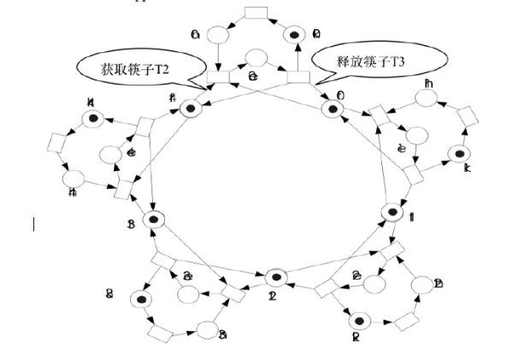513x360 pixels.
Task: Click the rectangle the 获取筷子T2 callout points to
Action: tap(218, 79)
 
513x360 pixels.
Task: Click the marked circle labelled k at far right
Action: tap(459, 154)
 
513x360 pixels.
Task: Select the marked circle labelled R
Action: tap(360, 321)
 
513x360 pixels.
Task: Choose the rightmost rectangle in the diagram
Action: tap(467, 116)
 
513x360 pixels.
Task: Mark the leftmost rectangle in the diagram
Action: tap(58, 140)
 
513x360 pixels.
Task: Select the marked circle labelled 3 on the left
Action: tap(154, 219)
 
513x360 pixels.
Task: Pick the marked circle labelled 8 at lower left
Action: tap(139, 298)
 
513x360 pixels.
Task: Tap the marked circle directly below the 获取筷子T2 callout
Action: tap(189, 108)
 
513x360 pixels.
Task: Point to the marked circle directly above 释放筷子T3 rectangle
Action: tap(296, 34)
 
